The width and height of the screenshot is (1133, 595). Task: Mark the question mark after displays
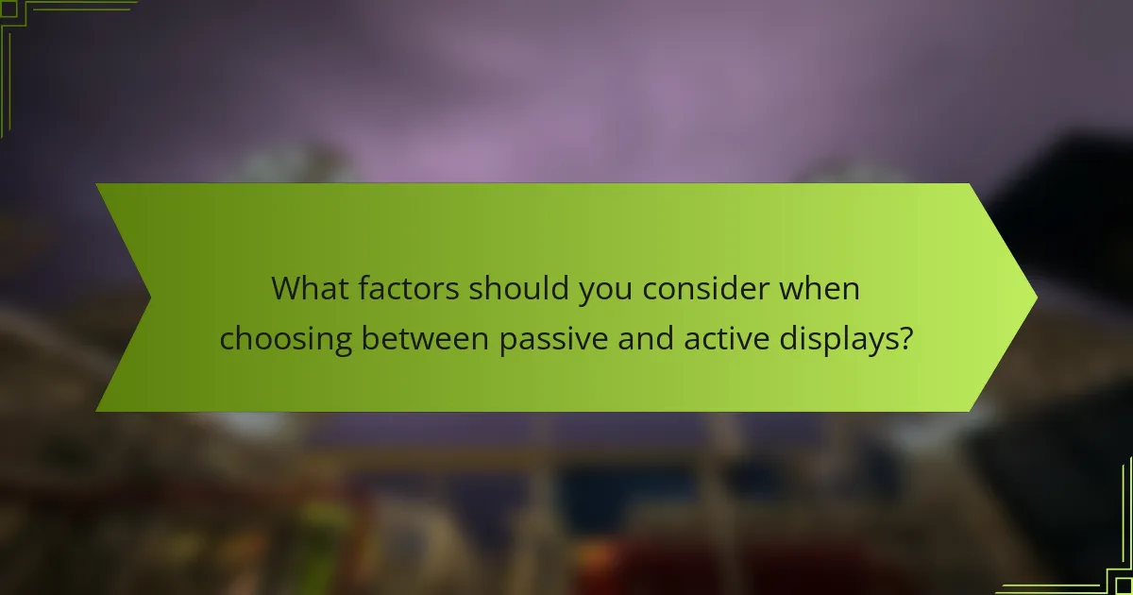(x=905, y=338)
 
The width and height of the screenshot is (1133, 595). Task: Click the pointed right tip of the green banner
(x=1035, y=297)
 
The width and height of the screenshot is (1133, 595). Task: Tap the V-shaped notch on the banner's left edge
(x=149, y=297)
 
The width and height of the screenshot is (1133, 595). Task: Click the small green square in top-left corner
(x=8, y=8)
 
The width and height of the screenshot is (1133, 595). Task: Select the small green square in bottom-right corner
(x=1125, y=586)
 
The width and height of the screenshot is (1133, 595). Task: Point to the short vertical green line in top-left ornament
(x=8, y=80)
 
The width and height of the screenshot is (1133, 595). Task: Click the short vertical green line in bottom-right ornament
(x=1125, y=515)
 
